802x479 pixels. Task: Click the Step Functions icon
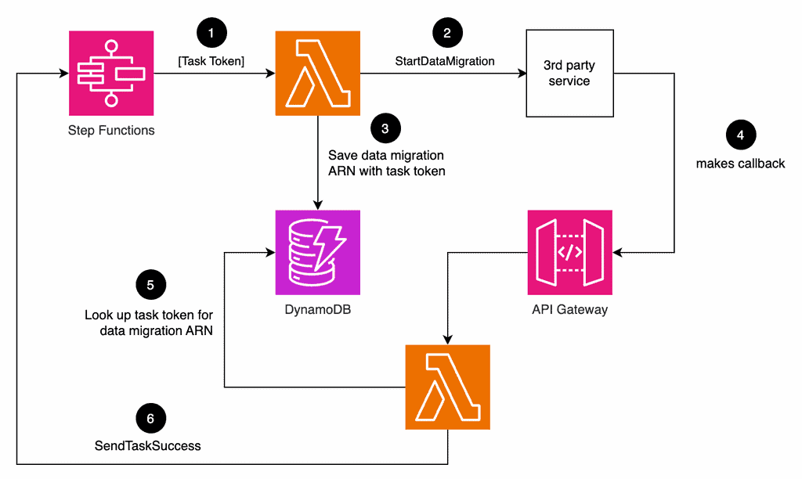pos(111,74)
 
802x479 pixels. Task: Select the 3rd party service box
pos(569,74)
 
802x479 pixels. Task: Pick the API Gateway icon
pos(569,252)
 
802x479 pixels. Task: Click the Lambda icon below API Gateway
pos(447,387)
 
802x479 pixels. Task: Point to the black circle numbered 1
pos(211,33)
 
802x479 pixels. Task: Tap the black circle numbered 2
pos(447,33)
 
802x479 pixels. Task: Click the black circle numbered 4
pos(740,135)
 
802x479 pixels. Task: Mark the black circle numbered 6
pos(150,419)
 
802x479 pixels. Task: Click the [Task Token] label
pos(211,61)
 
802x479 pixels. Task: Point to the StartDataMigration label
pos(445,61)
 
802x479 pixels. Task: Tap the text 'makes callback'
pos(740,164)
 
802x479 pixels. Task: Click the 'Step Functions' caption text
pos(111,131)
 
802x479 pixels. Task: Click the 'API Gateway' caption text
pos(569,310)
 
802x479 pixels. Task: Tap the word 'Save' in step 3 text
pos(343,155)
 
